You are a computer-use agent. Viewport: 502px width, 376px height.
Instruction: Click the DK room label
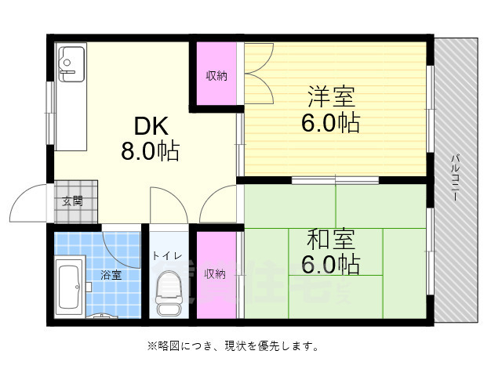pos(150,125)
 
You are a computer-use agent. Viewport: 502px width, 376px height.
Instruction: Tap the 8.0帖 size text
pos(150,150)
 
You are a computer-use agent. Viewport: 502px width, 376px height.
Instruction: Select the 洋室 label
pos(330,98)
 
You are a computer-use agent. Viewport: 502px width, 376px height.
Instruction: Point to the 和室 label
pos(330,238)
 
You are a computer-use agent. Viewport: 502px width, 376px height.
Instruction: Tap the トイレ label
pos(167,255)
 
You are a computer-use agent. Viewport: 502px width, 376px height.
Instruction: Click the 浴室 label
pos(111,275)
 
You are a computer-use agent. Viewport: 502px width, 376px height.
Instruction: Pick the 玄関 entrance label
pos(74,201)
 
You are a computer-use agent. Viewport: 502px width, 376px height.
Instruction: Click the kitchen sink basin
pos(73,60)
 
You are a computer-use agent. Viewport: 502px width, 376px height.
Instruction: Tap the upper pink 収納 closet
pos(216,76)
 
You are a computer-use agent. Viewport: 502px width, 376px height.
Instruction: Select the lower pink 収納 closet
pos(216,274)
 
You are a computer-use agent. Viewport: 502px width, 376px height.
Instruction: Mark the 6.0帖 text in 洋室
pos(330,124)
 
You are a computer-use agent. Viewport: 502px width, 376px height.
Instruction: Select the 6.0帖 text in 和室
pos(330,264)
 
